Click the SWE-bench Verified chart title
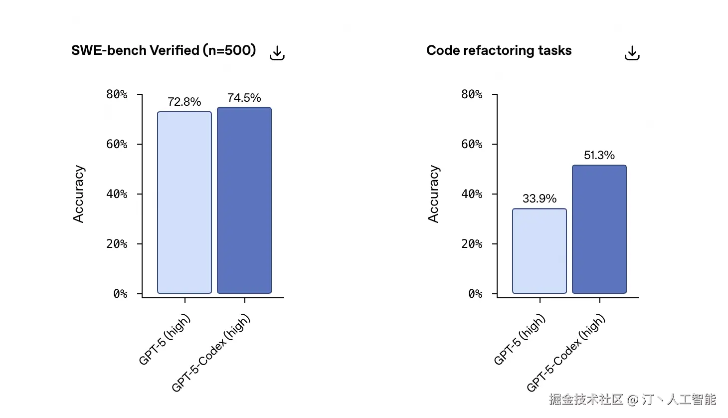(164, 50)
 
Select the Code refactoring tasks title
(499, 50)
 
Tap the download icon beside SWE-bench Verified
(277, 53)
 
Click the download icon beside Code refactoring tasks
(632, 53)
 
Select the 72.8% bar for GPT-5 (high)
(184, 202)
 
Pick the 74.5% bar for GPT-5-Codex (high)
(244, 200)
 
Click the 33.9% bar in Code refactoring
(540, 251)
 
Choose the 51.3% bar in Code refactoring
(599, 229)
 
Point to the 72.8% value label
(184, 102)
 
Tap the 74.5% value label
(244, 98)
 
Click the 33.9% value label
(540, 199)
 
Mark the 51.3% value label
(599, 155)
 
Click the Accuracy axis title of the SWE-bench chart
(79, 194)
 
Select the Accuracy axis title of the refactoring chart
(434, 194)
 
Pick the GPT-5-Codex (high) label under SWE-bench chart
(211, 353)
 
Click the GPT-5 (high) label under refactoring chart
(520, 339)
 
